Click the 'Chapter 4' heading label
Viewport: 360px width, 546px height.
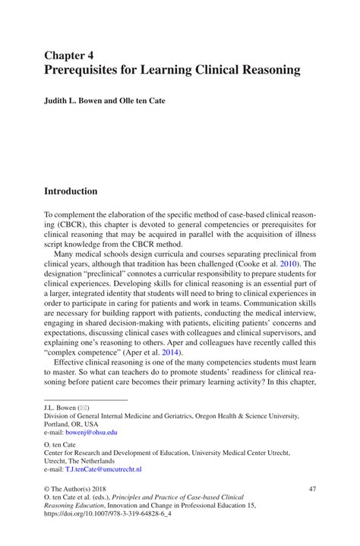pos(69,55)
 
